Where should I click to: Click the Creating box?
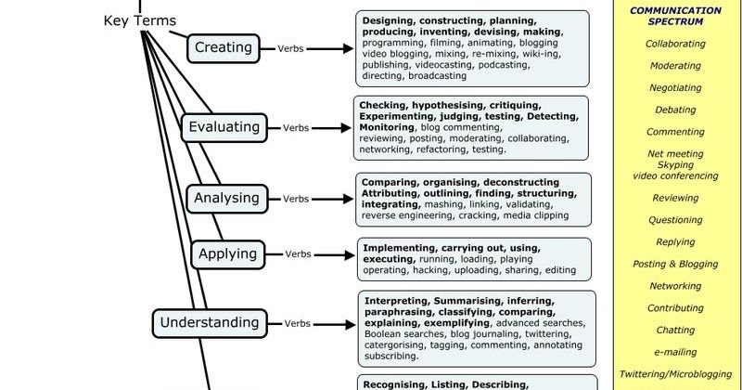pos(223,46)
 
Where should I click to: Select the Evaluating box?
pos(224,127)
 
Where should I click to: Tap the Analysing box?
pos(224,197)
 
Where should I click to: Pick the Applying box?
pos(227,253)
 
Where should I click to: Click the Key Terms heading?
pos(140,20)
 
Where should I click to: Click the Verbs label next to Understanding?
pos(298,322)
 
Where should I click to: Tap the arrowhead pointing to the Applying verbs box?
pos(352,253)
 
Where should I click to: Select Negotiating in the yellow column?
pos(675,87)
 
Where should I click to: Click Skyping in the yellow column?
pos(675,164)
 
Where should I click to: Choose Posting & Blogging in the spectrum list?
pos(675,264)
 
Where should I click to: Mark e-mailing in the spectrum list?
pos(675,352)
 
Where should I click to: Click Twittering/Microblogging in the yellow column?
pos(675,373)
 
